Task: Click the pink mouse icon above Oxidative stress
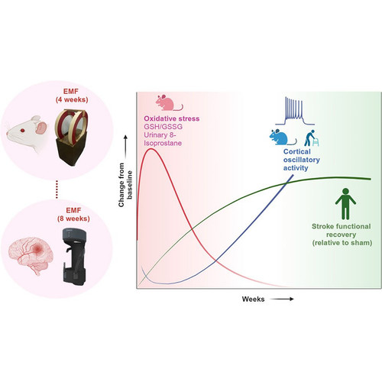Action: [x=169, y=102]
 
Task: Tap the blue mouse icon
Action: [x=283, y=137]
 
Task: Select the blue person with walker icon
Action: [x=312, y=138]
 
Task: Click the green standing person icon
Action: [x=345, y=204]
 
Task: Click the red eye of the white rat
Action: [x=23, y=131]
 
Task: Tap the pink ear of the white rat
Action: [x=41, y=128]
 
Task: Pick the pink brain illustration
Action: [x=31, y=255]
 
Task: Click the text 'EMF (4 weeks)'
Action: [x=72, y=95]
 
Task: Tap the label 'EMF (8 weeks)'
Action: [x=73, y=215]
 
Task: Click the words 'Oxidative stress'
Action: [x=172, y=118]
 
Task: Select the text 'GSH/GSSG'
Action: [x=163, y=127]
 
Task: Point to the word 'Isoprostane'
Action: [x=163, y=143]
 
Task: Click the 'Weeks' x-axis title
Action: [x=253, y=299]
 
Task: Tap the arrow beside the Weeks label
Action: [x=282, y=299]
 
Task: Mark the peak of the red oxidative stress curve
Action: [x=151, y=148]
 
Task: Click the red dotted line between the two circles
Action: [x=57, y=189]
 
